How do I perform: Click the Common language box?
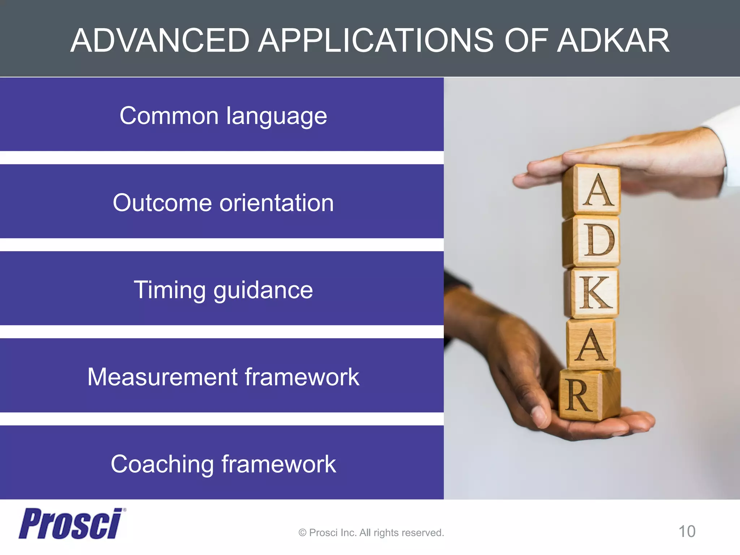pyautogui.click(x=222, y=115)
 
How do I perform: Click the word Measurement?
pyautogui.click(x=162, y=377)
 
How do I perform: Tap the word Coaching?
pyautogui.click(x=162, y=464)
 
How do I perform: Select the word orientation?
pyautogui.click(x=276, y=203)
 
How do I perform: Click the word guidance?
pyautogui.click(x=263, y=290)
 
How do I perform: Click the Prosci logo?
pyautogui.click(x=71, y=524)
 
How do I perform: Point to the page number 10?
pyautogui.click(x=687, y=532)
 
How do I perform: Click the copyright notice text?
pyautogui.click(x=371, y=533)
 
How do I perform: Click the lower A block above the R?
pyautogui.click(x=591, y=344)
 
